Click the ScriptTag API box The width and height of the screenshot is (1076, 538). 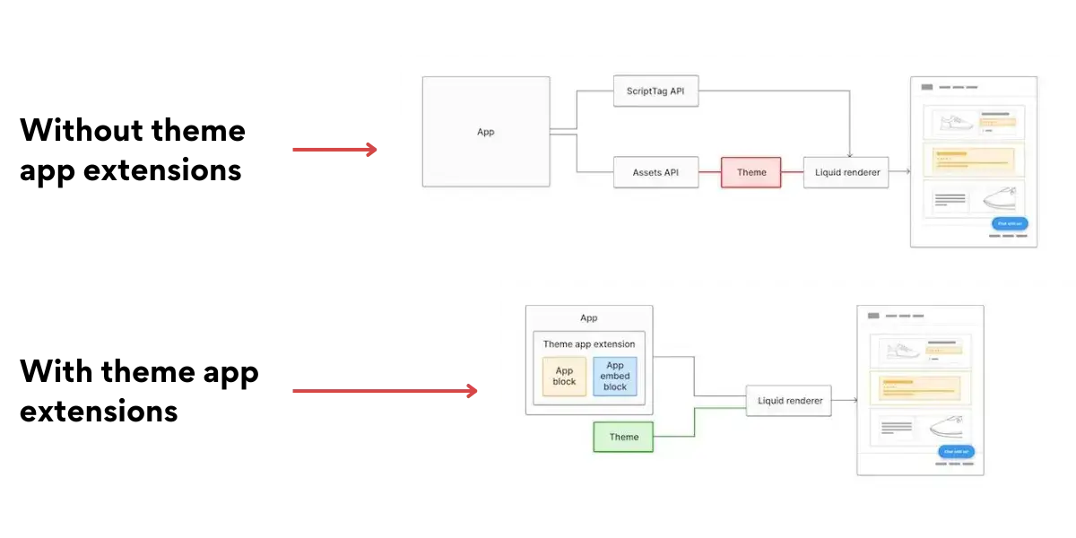(x=655, y=91)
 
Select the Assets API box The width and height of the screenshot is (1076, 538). (x=655, y=172)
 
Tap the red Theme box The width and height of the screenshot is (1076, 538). (x=751, y=172)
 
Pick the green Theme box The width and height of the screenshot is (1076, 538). (x=623, y=437)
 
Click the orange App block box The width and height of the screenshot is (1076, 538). (x=564, y=377)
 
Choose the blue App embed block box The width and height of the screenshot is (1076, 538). (x=614, y=377)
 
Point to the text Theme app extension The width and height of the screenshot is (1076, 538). (x=588, y=344)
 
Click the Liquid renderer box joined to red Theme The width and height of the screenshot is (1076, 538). (x=846, y=172)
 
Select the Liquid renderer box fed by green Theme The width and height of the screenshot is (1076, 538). (x=789, y=401)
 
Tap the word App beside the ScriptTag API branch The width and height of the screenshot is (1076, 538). (x=485, y=132)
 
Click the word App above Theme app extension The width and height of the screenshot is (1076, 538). (x=588, y=318)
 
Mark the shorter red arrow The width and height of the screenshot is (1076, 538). (x=333, y=150)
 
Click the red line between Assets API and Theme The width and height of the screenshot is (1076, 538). (x=709, y=172)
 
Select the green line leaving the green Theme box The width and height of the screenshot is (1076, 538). (x=695, y=422)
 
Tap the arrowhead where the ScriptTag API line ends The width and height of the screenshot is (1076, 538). (x=850, y=155)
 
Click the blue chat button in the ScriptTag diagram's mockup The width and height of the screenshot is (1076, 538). (x=1010, y=223)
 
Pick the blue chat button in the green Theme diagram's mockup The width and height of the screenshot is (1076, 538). (x=956, y=452)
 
